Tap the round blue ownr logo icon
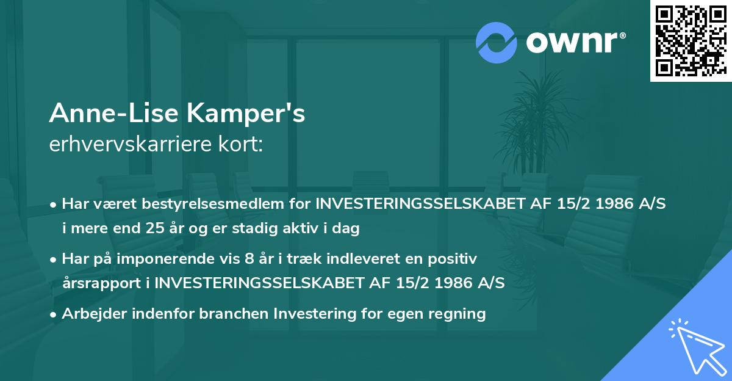point(497,42)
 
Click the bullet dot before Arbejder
point(54,315)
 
